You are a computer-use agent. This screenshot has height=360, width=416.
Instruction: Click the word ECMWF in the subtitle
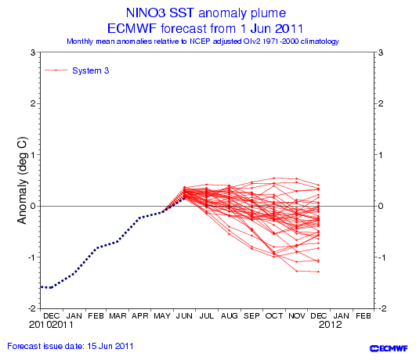[x=132, y=29]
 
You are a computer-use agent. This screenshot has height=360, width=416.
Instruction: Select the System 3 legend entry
[x=77, y=70]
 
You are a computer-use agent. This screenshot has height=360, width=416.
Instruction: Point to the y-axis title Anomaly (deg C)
[x=22, y=181]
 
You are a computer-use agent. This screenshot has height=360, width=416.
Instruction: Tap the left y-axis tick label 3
[x=33, y=52]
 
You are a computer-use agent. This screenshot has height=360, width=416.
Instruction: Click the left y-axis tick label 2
[x=33, y=103]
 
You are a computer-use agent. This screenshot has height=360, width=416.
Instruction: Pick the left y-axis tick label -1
[x=31, y=257]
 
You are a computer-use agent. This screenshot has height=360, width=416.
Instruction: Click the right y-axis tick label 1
[x=381, y=155]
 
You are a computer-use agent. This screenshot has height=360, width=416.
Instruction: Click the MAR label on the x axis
[x=118, y=316]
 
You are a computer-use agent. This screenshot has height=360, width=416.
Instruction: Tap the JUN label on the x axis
[x=184, y=316]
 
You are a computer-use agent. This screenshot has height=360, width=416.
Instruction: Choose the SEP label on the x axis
[x=251, y=316]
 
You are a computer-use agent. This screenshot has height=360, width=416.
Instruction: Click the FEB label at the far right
[x=364, y=316]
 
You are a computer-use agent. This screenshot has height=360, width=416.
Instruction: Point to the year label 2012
[x=331, y=325]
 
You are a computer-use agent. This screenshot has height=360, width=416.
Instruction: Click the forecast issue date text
[x=71, y=346]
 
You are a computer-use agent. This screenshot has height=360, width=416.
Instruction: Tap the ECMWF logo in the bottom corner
[x=389, y=348]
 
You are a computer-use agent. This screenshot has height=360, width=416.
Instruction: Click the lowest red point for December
[x=318, y=272]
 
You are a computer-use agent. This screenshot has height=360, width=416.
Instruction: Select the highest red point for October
[x=273, y=178]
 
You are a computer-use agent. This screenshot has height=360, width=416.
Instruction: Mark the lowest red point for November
[x=296, y=272]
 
